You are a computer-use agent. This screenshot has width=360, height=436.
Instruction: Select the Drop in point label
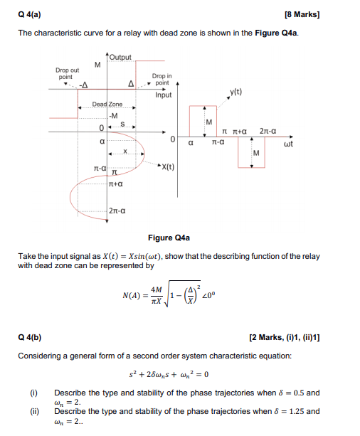pyautogui.click(x=162, y=79)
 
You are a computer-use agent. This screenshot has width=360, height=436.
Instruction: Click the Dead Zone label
pyautogui.click(x=107, y=105)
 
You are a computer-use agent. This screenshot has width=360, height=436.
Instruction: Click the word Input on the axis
pyautogui.click(x=164, y=95)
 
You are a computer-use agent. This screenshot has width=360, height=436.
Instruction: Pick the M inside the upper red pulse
pyautogui.click(x=208, y=124)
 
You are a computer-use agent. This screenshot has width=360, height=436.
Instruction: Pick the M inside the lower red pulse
pyautogui.click(x=256, y=153)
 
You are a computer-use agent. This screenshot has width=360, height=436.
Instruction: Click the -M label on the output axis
pyautogui.click(x=113, y=115)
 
